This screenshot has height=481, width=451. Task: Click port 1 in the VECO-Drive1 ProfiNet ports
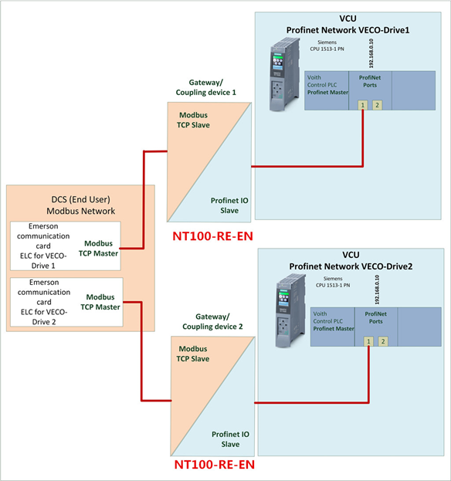(x=362, y=105)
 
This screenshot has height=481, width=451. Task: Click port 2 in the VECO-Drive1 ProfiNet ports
(x=377, y=105)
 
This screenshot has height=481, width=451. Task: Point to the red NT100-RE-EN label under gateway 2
(x=213, y=466)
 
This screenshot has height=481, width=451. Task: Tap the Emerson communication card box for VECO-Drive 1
(x=65, y=246)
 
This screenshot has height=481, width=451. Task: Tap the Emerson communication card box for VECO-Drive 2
(x=65, y=302)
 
